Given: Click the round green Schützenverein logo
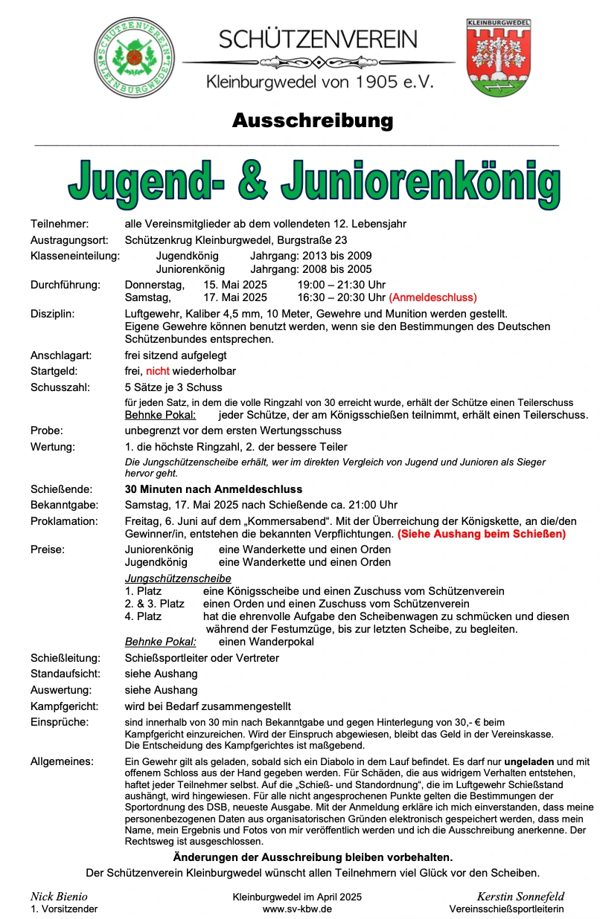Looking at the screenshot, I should tap(134, 57).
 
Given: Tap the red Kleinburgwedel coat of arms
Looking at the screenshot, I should tap(498, 57).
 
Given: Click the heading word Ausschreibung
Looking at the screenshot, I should tap(312, 120).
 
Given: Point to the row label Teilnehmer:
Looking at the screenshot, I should tap(60, 224).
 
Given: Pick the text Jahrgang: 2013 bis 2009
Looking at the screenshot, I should tap(311, 256).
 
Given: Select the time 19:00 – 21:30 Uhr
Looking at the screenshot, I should tap(341, 285).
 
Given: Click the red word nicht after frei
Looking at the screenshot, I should tap(158, 371).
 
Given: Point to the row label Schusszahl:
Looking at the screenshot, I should tap(60, 387).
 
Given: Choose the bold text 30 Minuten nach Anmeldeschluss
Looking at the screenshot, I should tap(214, 489).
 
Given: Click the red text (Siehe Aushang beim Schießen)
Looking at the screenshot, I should tap(481, 534).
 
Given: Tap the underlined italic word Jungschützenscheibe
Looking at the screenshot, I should tap(178, 578).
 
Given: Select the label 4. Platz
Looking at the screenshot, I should tap(143, 616).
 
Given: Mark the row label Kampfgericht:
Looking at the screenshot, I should tap(65, 706).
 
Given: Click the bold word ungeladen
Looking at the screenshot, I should tap(529, 761).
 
